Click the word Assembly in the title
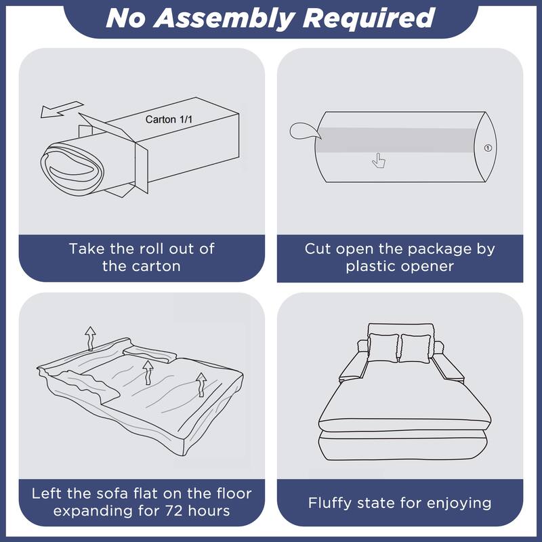click(224, 18)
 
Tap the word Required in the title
click(369, 18)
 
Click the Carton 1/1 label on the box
click(169, 120)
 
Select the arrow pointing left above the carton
click(62, 109)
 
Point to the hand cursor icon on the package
click(379, 161)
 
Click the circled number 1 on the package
click(488, 148)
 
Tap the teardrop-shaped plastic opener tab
click(304, 131)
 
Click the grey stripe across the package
click(396, 140)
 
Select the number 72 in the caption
click(173, 511)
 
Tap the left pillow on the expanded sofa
click(383, 348)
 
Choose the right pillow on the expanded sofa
click(415, 348)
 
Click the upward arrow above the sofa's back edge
click(91, 338)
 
